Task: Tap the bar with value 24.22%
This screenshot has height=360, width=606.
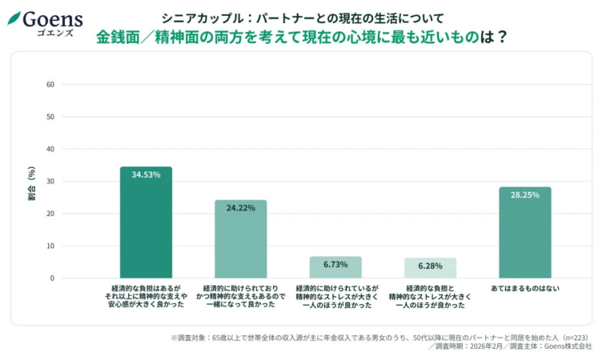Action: (x=240, y=239)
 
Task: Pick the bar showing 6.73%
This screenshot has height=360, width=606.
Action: (x=335, y=268)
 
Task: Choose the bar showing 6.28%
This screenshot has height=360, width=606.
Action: (x=430, y=269)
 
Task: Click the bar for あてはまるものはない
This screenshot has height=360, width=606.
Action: (x=524, y=233)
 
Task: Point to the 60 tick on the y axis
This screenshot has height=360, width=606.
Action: (x=50, y=84)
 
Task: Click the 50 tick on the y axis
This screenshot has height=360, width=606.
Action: (x=50, y=117)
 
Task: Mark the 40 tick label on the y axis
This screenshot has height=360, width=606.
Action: (x=50, y=149)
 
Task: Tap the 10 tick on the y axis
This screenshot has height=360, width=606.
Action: (x=50, y=246)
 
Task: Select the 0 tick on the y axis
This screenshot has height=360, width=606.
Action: (x=51, y=278)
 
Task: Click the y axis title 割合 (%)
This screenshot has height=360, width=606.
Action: (x=31, y=182)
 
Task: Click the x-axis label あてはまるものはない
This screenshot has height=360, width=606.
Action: (x=524, y=287)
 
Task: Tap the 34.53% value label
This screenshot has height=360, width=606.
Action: (x=146, y=174)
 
